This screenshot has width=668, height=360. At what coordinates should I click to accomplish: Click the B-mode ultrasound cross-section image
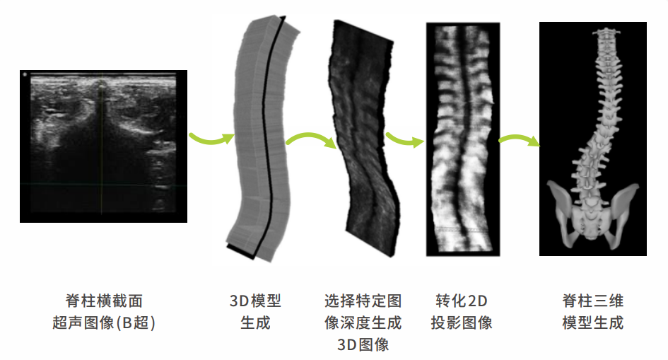[x=103, y=146]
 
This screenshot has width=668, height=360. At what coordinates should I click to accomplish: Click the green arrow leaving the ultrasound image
[x=211, y=136]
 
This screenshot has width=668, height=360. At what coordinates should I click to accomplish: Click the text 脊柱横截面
[x=103, y=302]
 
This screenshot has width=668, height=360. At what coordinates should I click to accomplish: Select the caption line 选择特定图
[x=363, y=302]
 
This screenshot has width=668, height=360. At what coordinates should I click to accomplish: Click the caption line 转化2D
[x=462, y=302]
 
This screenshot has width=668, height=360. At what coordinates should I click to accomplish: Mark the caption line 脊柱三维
[x=592, y=302]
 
